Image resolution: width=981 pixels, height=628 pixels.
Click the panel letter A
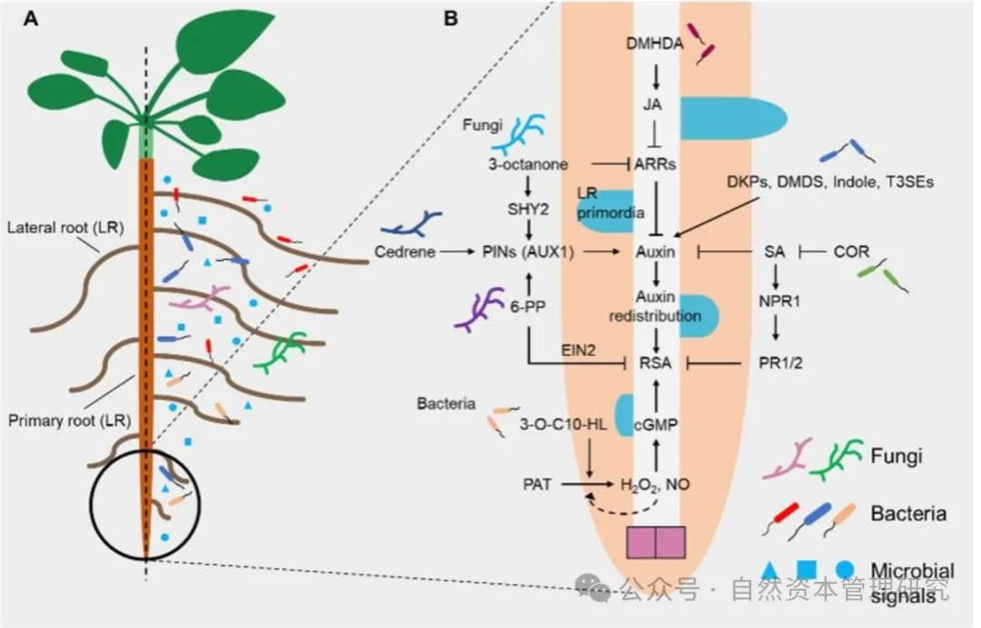point(31,18)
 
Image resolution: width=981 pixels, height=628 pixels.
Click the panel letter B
point(449,18)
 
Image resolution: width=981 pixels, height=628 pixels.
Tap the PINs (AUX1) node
point(529,252)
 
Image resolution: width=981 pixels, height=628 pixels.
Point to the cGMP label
point(655,423)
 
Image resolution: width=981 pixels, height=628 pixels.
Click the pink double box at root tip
point(656,542)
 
